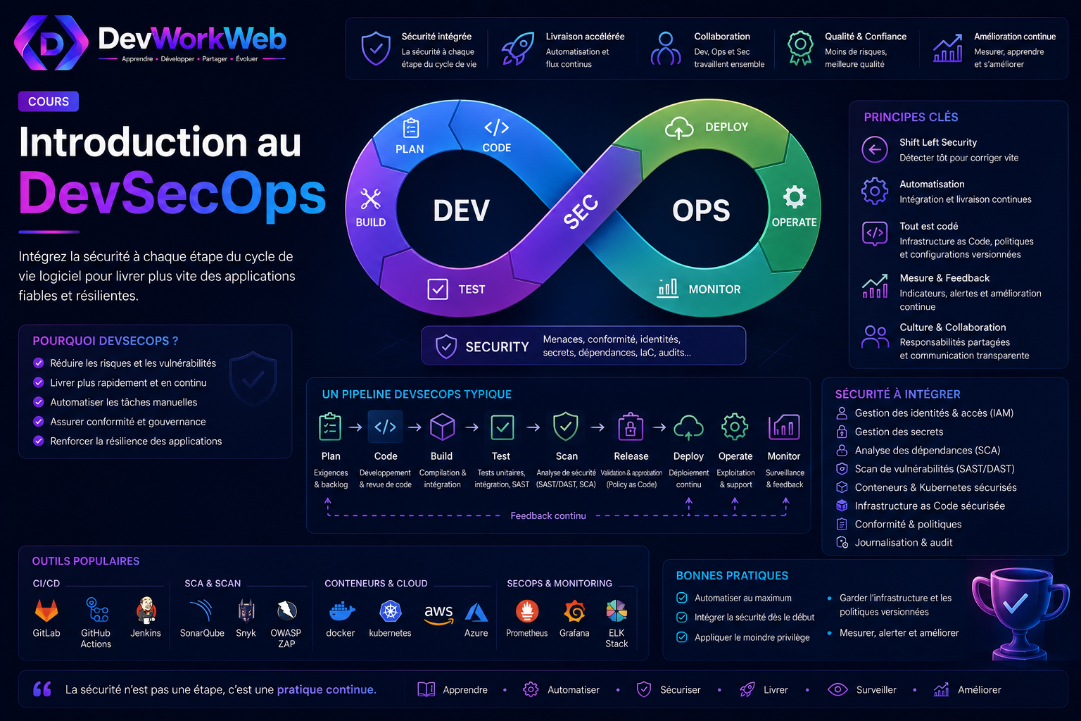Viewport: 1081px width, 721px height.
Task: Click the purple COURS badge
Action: [x=49, y=101]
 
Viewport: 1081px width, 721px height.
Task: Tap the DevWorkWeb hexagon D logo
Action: [x=51, y=42]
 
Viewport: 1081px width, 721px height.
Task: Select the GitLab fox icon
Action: [x=46, y=610]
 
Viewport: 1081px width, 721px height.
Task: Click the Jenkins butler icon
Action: [x=146, y=610]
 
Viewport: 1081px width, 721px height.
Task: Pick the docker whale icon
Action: [x=341, y=611]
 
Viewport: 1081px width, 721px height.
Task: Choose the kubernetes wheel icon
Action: [x=391, y=611]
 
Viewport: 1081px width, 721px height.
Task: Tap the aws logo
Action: [x=438, y=613]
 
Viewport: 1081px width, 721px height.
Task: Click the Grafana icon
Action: [x=574, y=611]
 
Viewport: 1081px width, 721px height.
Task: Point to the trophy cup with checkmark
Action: [x=1018, y=613]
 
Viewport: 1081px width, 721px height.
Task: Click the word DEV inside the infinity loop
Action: [x=462, y=211]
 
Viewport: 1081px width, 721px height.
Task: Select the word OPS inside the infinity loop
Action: [x=701, y=211]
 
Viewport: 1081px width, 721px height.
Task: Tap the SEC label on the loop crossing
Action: [x=581, y=211]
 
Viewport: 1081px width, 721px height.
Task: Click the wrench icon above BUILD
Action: [x=371, y=199]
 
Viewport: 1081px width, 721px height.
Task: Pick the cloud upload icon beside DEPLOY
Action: [x=679, y=128]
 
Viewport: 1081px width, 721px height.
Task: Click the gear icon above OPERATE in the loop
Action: [x=795, y=197]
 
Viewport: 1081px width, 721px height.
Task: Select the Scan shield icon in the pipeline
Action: [x=566, y=427]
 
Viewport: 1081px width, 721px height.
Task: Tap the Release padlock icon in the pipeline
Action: [x=631, y=427]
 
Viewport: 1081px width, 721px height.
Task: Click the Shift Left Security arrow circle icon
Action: [x=875, y=150]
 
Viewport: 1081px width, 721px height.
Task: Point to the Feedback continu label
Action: [x=548, y=516]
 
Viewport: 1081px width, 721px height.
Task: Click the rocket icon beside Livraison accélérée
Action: [x=518, y=49]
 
